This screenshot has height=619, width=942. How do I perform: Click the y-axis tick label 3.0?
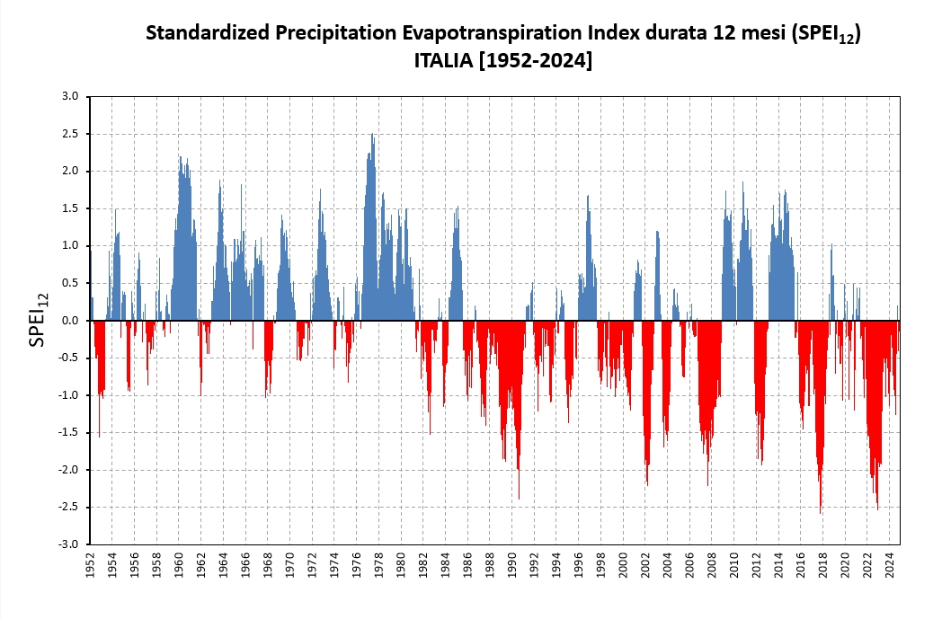[71, 96]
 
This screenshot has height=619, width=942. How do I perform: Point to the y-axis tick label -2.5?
[69, 507]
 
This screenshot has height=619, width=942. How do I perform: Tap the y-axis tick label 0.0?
[71, 321]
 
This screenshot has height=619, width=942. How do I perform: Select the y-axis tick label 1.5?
[71, 208]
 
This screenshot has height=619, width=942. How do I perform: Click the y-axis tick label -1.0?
[69, 395]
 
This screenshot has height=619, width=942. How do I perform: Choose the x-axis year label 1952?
[91, 563]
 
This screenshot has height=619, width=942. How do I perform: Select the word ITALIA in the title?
[442, 61]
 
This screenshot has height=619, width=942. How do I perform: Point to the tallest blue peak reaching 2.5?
[372, 135]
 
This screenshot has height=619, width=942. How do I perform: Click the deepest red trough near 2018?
[821, 513]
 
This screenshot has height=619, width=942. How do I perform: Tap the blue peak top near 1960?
[181, 157]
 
